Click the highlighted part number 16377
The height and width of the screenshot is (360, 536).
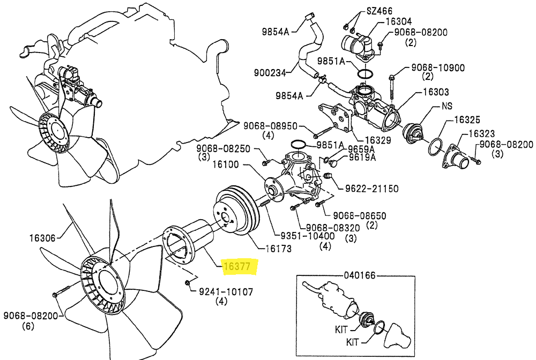click(x=237, y=266)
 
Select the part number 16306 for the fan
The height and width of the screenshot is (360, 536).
click(x=42, y=238)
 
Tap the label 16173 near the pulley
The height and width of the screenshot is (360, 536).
click(x=279, y=249)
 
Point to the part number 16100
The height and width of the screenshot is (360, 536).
click(x=226, y=164)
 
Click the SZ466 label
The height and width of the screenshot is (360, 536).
click(x=379, y=11)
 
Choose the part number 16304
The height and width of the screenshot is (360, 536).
click(x=399, y=21)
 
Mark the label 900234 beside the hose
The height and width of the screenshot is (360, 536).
click(x=270, y=73)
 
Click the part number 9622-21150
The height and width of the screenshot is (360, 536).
click(x=372, y=189)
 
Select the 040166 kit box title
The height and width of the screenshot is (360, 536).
click(x=360, y=275)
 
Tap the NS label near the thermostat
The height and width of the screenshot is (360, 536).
click(x=447, y=106)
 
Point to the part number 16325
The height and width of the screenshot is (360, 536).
click(x=467, y=119)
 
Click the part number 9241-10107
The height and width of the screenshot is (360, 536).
click(x=226, y=291)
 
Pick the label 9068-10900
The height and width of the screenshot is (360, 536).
click(x=438, y=67)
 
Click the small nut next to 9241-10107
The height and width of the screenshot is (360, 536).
click(x=187, y=283)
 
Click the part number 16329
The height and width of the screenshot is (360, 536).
click(x=378, y=140)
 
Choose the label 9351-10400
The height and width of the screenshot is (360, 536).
click(x=308, y=236)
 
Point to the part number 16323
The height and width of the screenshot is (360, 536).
click(x=482, y=133)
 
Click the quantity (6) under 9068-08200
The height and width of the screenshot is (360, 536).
click(x=28, y=326)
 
